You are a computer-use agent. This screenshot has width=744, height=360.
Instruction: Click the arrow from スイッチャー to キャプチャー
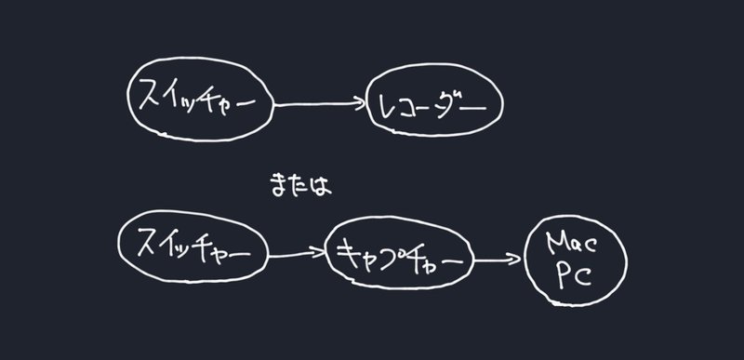297,252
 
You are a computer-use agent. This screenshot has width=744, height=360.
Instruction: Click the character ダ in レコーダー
449,107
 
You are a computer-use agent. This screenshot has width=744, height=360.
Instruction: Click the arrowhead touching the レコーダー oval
358,106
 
